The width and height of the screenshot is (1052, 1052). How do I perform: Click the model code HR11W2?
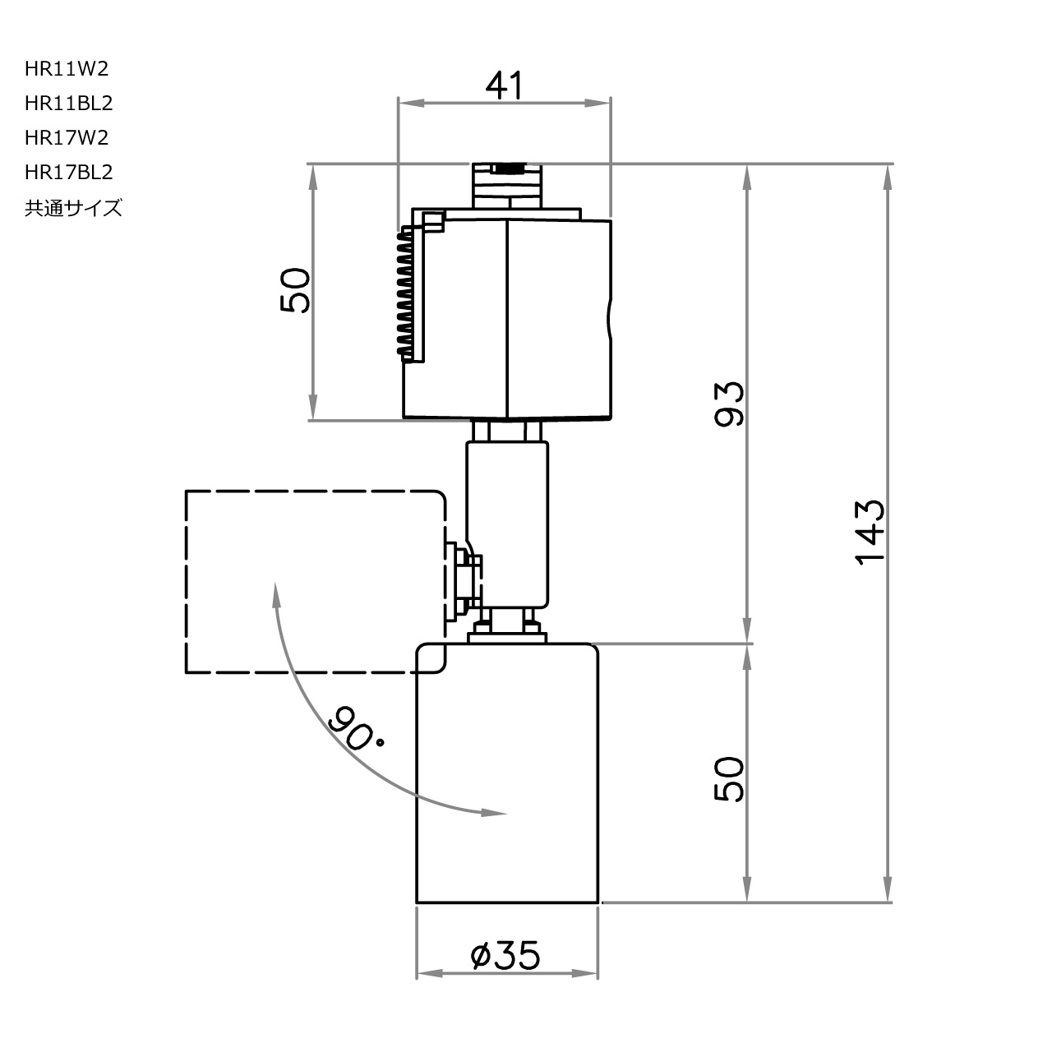(x=66, y=69)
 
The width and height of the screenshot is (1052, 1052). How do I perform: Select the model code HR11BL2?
(x=68, y=104)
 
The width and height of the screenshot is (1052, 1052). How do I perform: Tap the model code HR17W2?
(x=66, y=138)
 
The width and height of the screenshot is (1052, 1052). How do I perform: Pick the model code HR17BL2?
(x=68, y=173)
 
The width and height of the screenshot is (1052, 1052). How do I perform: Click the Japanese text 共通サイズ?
(x=73, y=208)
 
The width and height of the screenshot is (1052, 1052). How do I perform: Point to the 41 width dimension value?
(x=504, y=85)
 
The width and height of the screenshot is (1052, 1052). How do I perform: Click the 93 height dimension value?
(x=730, y=403)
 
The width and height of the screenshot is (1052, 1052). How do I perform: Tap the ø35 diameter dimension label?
(x=505, y=955)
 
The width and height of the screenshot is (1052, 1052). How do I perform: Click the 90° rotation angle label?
(x=355, y=728)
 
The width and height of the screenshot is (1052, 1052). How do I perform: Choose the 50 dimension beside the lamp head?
(x=730, y=779)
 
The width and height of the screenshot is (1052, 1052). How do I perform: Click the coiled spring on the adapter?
(x=405, y=293)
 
